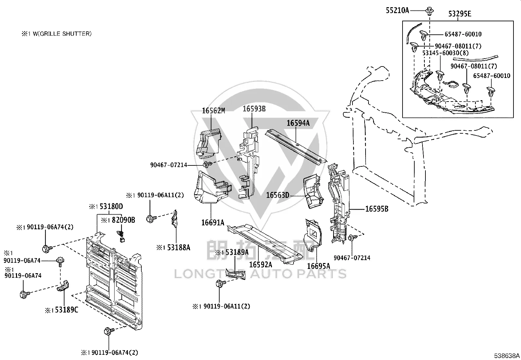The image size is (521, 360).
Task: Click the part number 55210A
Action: [x=397, y=10]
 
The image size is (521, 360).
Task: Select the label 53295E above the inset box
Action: [x=459, y=14]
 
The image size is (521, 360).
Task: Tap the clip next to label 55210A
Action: [x=429, y=11]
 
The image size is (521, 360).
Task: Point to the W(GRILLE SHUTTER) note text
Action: [x=62, y=34]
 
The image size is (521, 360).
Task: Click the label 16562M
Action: [x=213, y=111]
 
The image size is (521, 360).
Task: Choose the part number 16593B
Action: [x=254, y=109]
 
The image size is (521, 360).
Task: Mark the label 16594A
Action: [x=298, y=123]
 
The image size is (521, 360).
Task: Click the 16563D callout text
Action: [x=278, y=195]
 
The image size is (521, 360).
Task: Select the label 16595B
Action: [x=377, y=209]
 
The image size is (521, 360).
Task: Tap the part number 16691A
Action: [x=213, y=223]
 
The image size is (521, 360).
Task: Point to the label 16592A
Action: [x=260, y=265]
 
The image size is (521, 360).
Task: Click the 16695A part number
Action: [x=318, y=266]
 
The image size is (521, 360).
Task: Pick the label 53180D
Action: [x=111, y=207]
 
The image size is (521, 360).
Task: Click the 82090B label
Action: [x=123, y=220]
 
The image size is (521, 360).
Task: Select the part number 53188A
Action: [x=179, y=248]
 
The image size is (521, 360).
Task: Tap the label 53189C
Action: [x=66, y=310]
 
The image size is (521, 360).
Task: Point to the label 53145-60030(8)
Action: [x=445, y=53]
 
